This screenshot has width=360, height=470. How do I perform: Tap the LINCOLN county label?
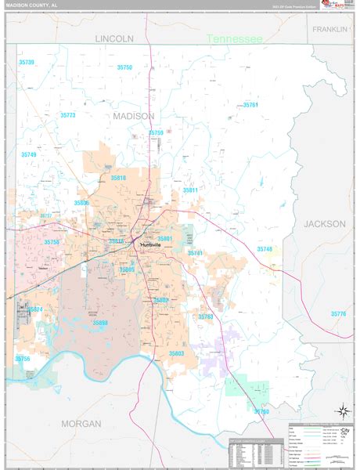[114, 38]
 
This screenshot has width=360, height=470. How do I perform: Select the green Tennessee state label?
[234, 38]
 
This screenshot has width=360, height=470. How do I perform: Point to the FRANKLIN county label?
[329, 29]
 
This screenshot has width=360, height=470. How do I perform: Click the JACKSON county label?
[324, 223]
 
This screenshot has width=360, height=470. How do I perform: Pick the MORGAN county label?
[81, 424]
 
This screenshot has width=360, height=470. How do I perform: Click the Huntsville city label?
[151, 245]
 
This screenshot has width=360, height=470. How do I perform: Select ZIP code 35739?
[27, 62]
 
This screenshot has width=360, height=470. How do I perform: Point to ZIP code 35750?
[124, 68]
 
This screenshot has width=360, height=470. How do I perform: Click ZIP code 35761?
[250, 105]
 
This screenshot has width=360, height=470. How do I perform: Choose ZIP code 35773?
[67, 115]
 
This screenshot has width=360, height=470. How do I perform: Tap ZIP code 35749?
[28, 155]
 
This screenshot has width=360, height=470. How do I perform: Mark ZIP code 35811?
[191, 190]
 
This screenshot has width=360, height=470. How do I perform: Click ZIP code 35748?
[265, 249]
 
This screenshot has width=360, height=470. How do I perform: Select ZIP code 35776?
[338, 313]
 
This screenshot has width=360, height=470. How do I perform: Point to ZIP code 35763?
[205, 316]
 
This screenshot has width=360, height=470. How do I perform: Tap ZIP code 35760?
[261, 410]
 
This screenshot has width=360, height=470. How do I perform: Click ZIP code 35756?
[23, 359]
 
